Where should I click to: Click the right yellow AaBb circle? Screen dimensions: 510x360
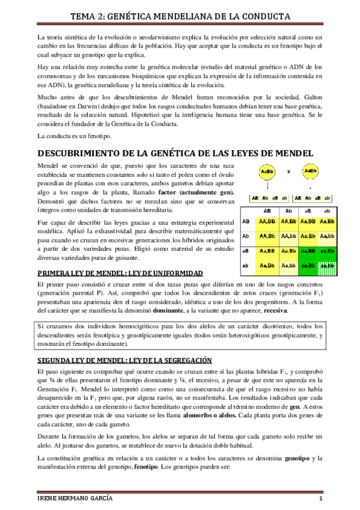point(310,171)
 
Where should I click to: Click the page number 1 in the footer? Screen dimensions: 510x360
point(322,499)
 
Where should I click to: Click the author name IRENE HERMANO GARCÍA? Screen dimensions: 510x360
point(72,499)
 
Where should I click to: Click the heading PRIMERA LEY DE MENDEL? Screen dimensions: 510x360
point(112,272)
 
